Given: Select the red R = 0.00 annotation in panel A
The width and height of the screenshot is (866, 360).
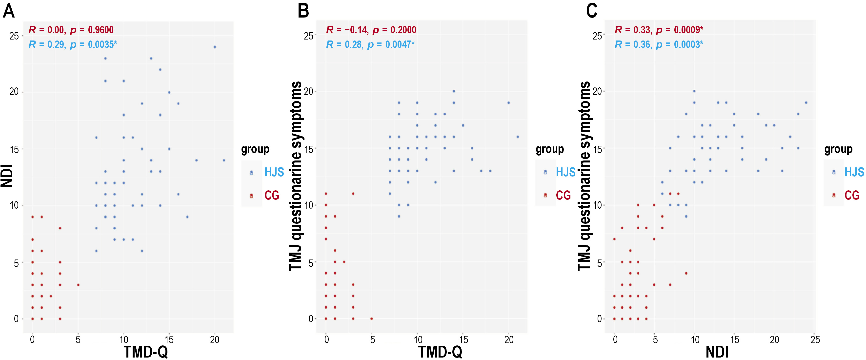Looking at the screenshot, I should coord(46,30).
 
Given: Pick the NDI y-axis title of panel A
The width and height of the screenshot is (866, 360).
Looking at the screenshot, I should coord(7,176).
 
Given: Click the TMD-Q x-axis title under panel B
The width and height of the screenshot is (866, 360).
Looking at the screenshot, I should coord(440,352).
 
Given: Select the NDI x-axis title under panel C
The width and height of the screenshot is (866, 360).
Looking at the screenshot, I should coord(717,352).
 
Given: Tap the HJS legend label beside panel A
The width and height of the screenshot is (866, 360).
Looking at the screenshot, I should coord(274,172).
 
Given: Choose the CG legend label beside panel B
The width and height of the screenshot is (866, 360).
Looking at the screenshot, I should coord(563,195).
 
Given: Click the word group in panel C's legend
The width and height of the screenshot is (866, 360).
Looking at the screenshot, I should coord(838,149).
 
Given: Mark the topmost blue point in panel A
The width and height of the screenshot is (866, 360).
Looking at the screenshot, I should coord(215,47).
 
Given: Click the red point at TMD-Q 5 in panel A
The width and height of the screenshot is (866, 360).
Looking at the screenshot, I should coord(78,285).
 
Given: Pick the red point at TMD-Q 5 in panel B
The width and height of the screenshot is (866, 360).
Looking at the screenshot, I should coord(371,319).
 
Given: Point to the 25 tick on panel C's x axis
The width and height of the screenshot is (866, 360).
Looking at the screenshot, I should coord(815,340).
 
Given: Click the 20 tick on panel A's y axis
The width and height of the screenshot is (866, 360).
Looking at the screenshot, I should coord(14,92).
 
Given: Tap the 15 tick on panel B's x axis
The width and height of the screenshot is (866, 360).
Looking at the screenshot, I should coord(463,340).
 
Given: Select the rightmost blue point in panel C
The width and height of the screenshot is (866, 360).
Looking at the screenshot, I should coord(806,102).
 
